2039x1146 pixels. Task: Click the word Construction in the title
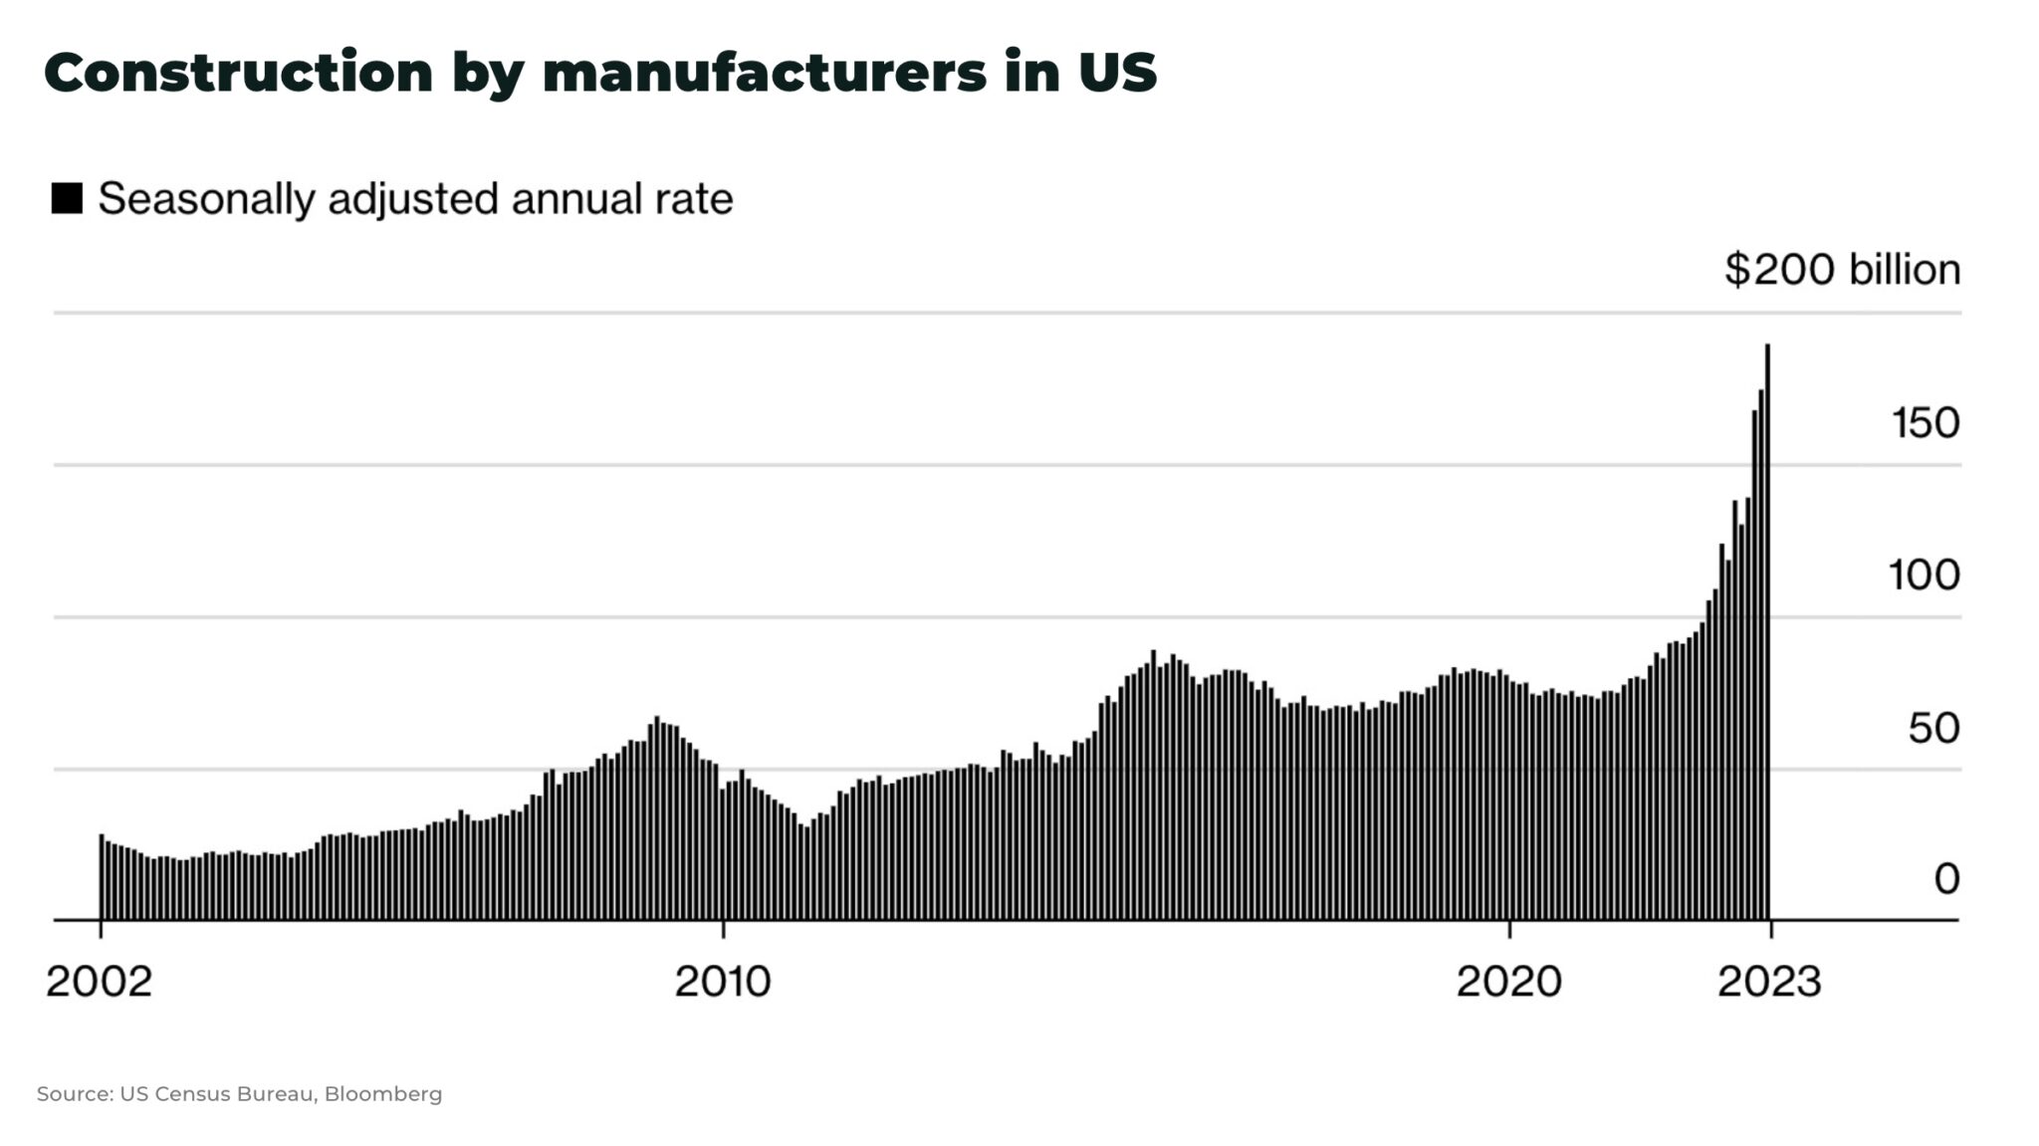(x=239, y=73)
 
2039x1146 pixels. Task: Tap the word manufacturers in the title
(x=764, y=73)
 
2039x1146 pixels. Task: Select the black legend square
(x=67, y=198)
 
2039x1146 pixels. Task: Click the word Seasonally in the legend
(x=205, y=199)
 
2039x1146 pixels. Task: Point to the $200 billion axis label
(x=1842, y=270)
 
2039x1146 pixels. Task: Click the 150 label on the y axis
(x=1925, y=423)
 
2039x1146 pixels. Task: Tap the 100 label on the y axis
(x=1925, y=575)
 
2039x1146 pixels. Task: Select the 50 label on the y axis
(x=1933, y=728)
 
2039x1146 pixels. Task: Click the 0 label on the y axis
(x=1946, y=879)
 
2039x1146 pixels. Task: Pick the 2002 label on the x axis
(x=99, y=982)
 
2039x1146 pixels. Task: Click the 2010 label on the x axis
(x=723, y=982)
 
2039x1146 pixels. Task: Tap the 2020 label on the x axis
(x=1509, y=982)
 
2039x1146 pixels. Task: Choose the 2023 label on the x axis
(x=1769, y=982)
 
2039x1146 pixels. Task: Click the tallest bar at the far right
(x=1767, y=637)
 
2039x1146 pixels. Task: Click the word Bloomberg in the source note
(x=383, y=1094)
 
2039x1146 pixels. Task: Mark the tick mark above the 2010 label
(x=724, y=930)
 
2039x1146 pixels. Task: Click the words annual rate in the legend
(x=622, y=199)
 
